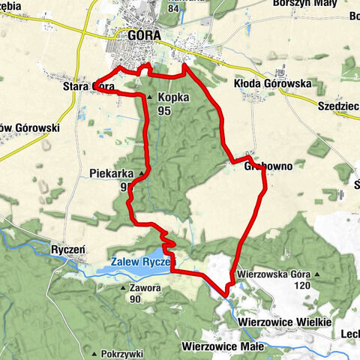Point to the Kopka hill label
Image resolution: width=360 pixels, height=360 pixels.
pos(172,97)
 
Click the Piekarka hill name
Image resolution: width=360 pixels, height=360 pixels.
pos(110,173)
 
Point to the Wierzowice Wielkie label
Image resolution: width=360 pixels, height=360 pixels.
pos(284,321)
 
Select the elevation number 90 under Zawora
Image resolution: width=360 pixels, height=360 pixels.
pos(135,299)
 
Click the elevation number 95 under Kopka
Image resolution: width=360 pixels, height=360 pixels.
pos(165,109)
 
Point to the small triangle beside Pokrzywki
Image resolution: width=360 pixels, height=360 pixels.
pos(94,353)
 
